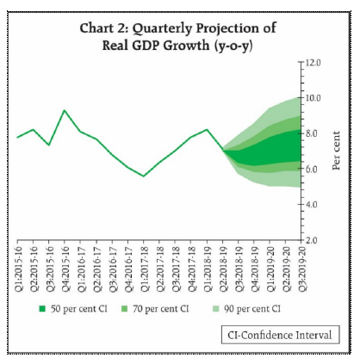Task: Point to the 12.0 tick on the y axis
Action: [310, 63]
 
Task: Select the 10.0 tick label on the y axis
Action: [310, 98]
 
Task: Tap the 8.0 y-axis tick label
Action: [310, 133]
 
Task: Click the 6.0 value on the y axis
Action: [310, 169]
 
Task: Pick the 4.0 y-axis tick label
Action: [310, 204]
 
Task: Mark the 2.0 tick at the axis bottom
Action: [310, 239]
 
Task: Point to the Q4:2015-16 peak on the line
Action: [65, 110]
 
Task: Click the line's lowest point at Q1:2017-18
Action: [145, 176]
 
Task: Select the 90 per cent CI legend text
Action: [251, 306]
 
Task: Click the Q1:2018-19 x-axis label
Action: [207, 263]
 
